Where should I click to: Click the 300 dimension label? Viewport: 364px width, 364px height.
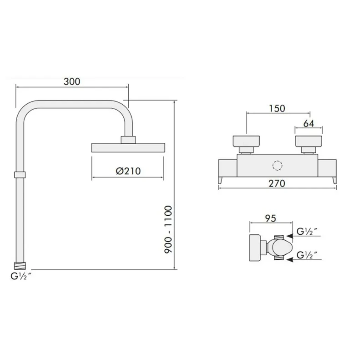pos(72,81)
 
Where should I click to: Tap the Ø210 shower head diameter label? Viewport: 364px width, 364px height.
pos(128,171)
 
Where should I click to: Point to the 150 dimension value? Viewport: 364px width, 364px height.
pos(277,108)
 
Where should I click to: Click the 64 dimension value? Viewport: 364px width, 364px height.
pos(309,123)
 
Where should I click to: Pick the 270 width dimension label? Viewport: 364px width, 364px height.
pos(277,184)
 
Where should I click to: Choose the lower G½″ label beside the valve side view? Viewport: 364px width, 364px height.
pos(308,254)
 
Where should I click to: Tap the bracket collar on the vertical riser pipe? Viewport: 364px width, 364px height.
pos(20,174)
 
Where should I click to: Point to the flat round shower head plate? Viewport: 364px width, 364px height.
pos(128,147)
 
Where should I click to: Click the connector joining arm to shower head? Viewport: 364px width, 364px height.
pos(128,139)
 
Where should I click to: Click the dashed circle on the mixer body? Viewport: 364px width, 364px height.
pos(277,166)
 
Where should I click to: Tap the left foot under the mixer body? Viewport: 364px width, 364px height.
pos(221,181)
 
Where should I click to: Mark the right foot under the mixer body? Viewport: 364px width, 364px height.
pos(334,181)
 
